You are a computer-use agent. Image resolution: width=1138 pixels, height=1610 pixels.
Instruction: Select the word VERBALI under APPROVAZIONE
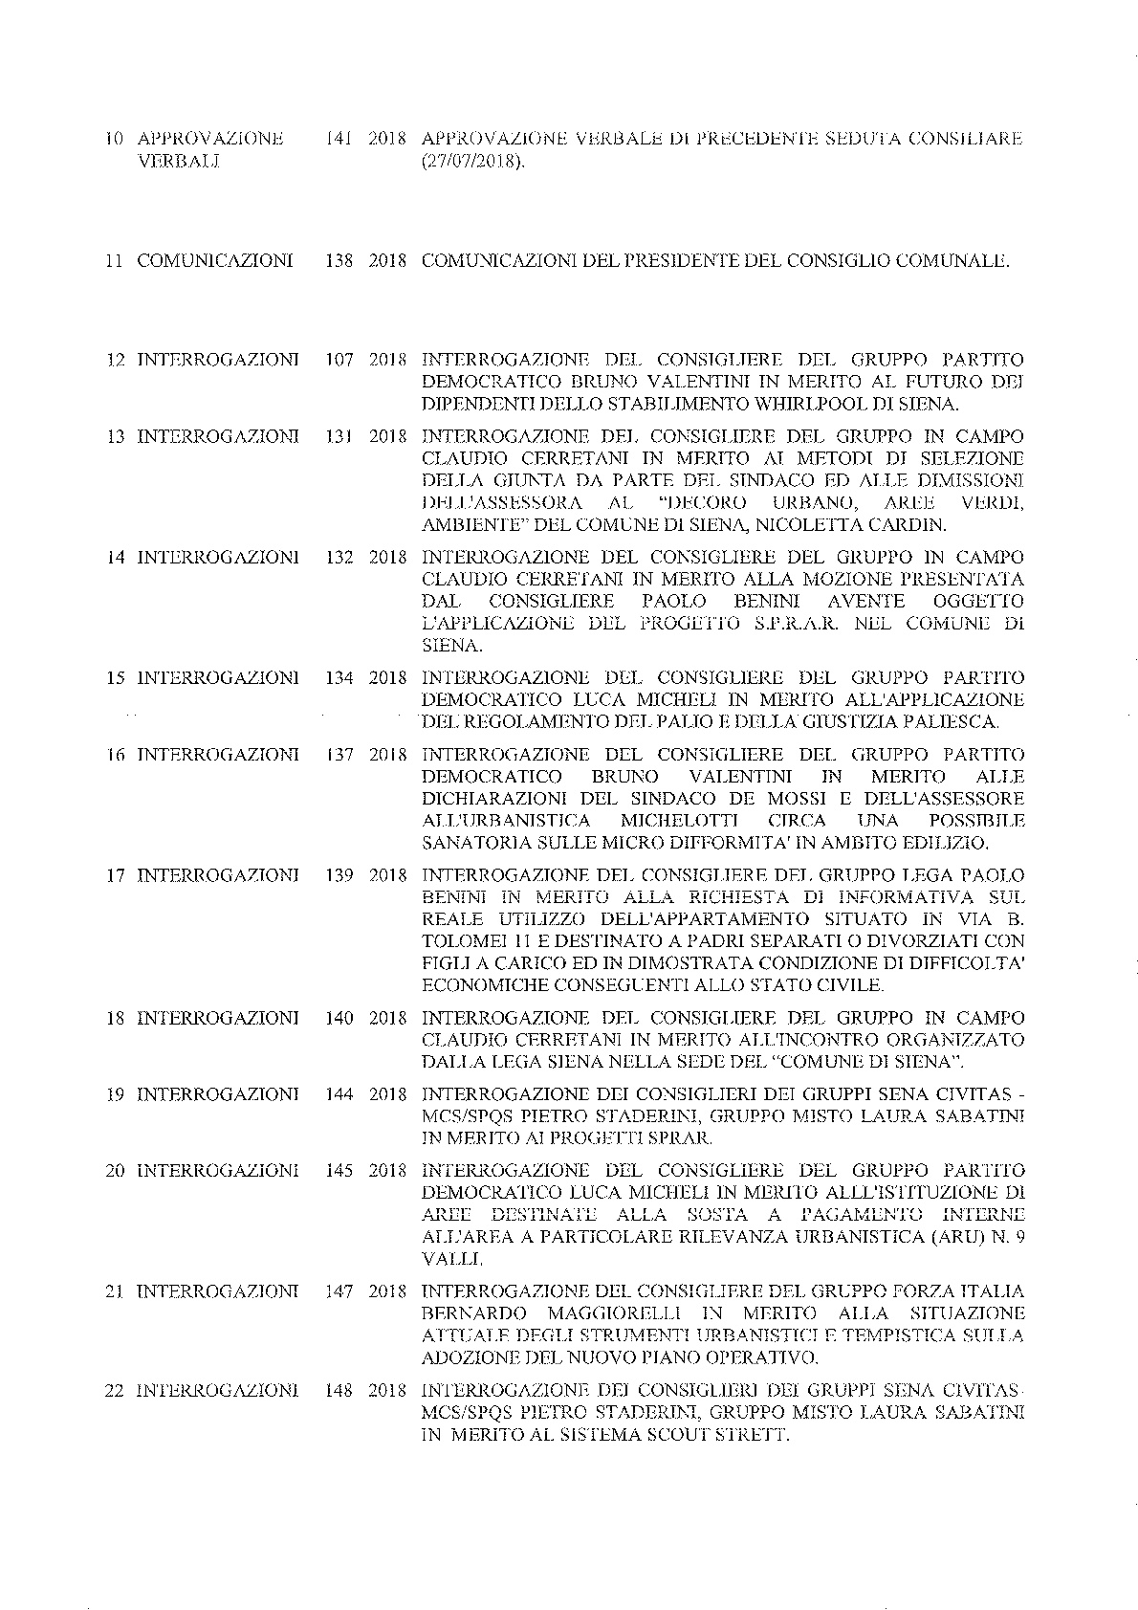click(179, 162)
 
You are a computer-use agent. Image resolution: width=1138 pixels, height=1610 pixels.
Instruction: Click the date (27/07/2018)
click(473, 162)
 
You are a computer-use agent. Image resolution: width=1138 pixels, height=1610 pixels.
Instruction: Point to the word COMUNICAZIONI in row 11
click(215, 260)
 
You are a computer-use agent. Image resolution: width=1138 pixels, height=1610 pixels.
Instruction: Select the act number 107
click(339, 360)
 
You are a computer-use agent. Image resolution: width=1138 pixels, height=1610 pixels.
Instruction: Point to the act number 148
click(339, 1389)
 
